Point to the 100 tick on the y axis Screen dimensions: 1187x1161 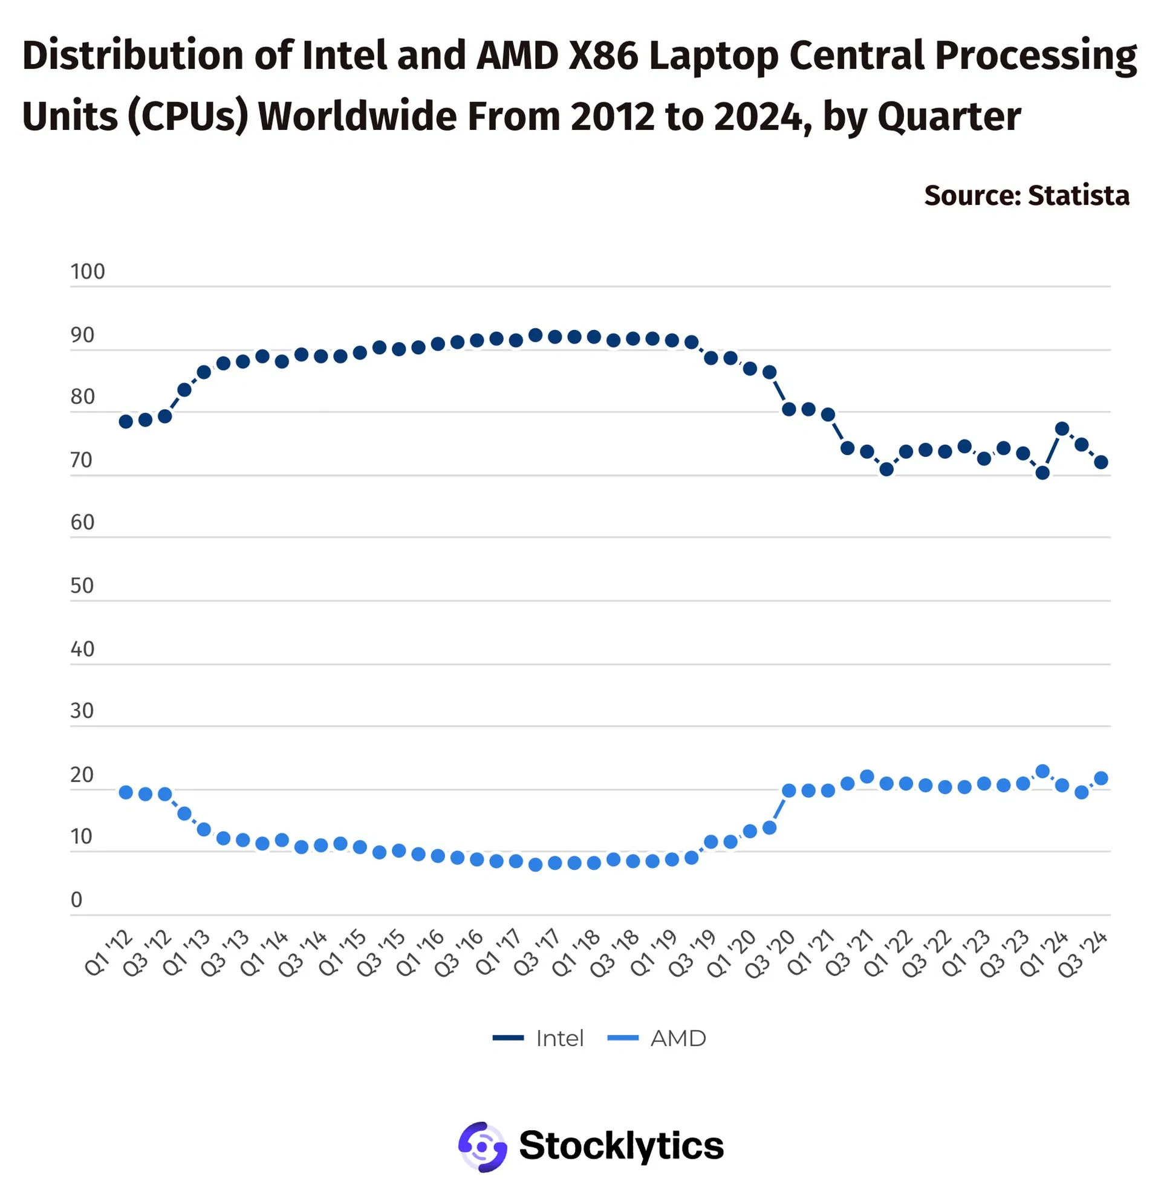[87, 272]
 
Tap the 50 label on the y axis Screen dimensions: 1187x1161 [82, 586]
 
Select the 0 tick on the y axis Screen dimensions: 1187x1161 [76, 899]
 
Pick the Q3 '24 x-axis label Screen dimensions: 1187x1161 [1083, 954]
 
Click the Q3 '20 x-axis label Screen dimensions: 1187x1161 [772, 954]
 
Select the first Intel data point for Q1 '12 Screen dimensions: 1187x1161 [126, 422]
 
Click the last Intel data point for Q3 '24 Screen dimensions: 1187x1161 [1101, 462]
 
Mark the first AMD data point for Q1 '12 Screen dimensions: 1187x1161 [126, 792]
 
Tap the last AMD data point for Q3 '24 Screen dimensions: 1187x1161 [1101, 778]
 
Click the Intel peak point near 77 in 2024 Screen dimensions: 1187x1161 [1062, 429]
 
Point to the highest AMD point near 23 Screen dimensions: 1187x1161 [1042, 771]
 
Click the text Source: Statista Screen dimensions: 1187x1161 [1026, 196]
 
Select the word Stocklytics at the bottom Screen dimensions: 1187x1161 [621, 1145]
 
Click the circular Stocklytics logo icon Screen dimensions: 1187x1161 [483, 1147]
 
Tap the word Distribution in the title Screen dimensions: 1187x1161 [133, 56]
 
